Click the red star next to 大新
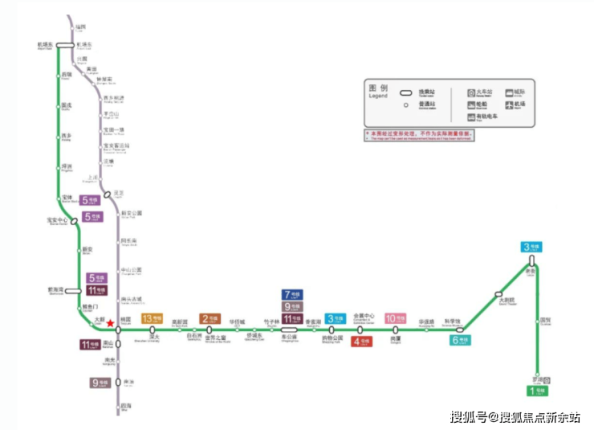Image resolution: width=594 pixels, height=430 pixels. [x=109, y=323]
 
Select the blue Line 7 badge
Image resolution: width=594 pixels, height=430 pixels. [x=292, y=295]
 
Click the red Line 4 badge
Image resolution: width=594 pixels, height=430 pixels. [x=361, y=341]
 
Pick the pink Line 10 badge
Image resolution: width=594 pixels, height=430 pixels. [x=395, y=318]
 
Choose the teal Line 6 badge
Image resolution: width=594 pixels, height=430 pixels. [x=461, y=340]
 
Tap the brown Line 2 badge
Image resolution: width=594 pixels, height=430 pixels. [x=210, y=318]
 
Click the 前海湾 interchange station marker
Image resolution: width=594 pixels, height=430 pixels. [x=74, y=291]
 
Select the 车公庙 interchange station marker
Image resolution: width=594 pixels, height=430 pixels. [x=289, y=330]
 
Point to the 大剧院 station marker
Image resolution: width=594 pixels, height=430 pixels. [x=498, y=293]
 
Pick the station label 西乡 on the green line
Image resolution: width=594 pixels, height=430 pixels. [x=66, y=136]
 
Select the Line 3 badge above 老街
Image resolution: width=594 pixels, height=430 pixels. [x=531, y=247]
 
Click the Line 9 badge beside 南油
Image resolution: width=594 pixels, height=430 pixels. [x=100, y=383]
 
